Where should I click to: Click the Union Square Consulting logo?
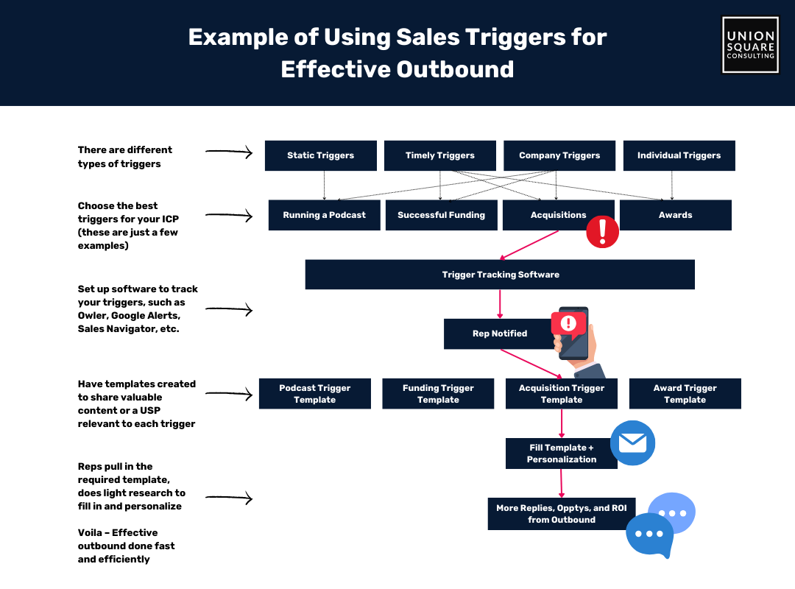(x=750, y=45)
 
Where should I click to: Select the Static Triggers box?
(x=320, y=155)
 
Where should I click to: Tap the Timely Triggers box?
(x=440, y=155)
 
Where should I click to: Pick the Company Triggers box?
(x=559, y=155)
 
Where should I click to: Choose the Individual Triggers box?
(x=679, y=155)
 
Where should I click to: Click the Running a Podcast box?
(x=324, y=215)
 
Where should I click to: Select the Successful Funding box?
(x=441, y=215)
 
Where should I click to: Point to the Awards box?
(x=675, y=215)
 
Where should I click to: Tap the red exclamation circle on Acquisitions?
(x=602, y=232)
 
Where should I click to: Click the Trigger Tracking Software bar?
(x=500, y=275)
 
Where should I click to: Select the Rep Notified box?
(x=499, y=334)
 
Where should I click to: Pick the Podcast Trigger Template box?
(x=315, y=394)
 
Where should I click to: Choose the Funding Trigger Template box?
(x=438, y=394)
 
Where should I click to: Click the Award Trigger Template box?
(x=685, y=394)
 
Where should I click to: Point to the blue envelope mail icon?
(x=633, y=443)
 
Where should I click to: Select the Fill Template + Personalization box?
(x=561, y=454)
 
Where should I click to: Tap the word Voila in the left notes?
(x=92, y=533)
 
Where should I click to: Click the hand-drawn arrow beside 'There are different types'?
(x=229, y=152)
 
